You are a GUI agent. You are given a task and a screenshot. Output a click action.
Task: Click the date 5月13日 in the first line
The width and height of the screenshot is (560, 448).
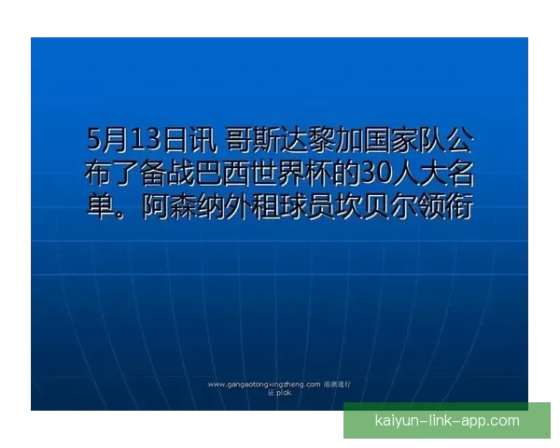pyautogui.click(x=137, y=141)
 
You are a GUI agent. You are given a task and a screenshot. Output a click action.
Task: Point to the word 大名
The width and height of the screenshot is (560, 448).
pyautogui.click(x=443, y=174)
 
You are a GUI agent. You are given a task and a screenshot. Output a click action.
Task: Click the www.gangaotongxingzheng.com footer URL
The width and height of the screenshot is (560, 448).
pyautogui.click(x=264, y=384)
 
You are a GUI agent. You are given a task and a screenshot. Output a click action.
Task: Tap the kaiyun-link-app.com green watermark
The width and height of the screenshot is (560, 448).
pyautogui.click(x=446, y=421)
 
